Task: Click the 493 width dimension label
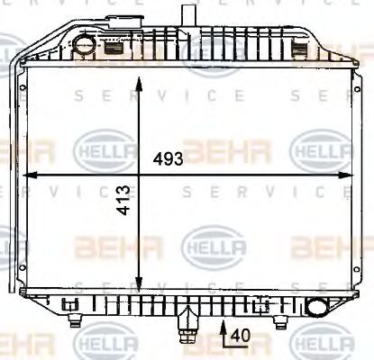tap(168, 159)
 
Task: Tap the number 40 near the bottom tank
tap(237, 336)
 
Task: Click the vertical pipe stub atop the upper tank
tap(187, 16)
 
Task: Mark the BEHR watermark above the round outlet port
tap(330, 244)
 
